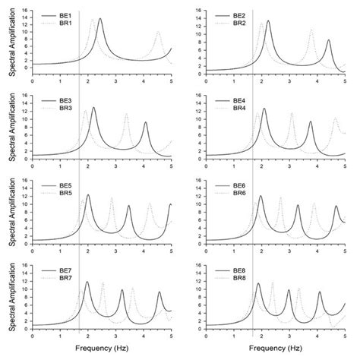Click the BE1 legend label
tap(67, 16)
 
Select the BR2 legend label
tap(239, 24)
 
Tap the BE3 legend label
tap(67, 101)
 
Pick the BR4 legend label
tap(239, 109)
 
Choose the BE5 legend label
tap(67, 186)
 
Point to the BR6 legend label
tap(239, 194)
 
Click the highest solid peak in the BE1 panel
tap(100, 20)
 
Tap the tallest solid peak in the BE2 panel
tap(268, 21)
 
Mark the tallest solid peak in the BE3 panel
tap(93, 108)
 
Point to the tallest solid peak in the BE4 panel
tap(264, 109)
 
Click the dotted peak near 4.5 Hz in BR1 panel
tap(158, 33)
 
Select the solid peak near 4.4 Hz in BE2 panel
tap(328, 40)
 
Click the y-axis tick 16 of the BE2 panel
tap(199, 10)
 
